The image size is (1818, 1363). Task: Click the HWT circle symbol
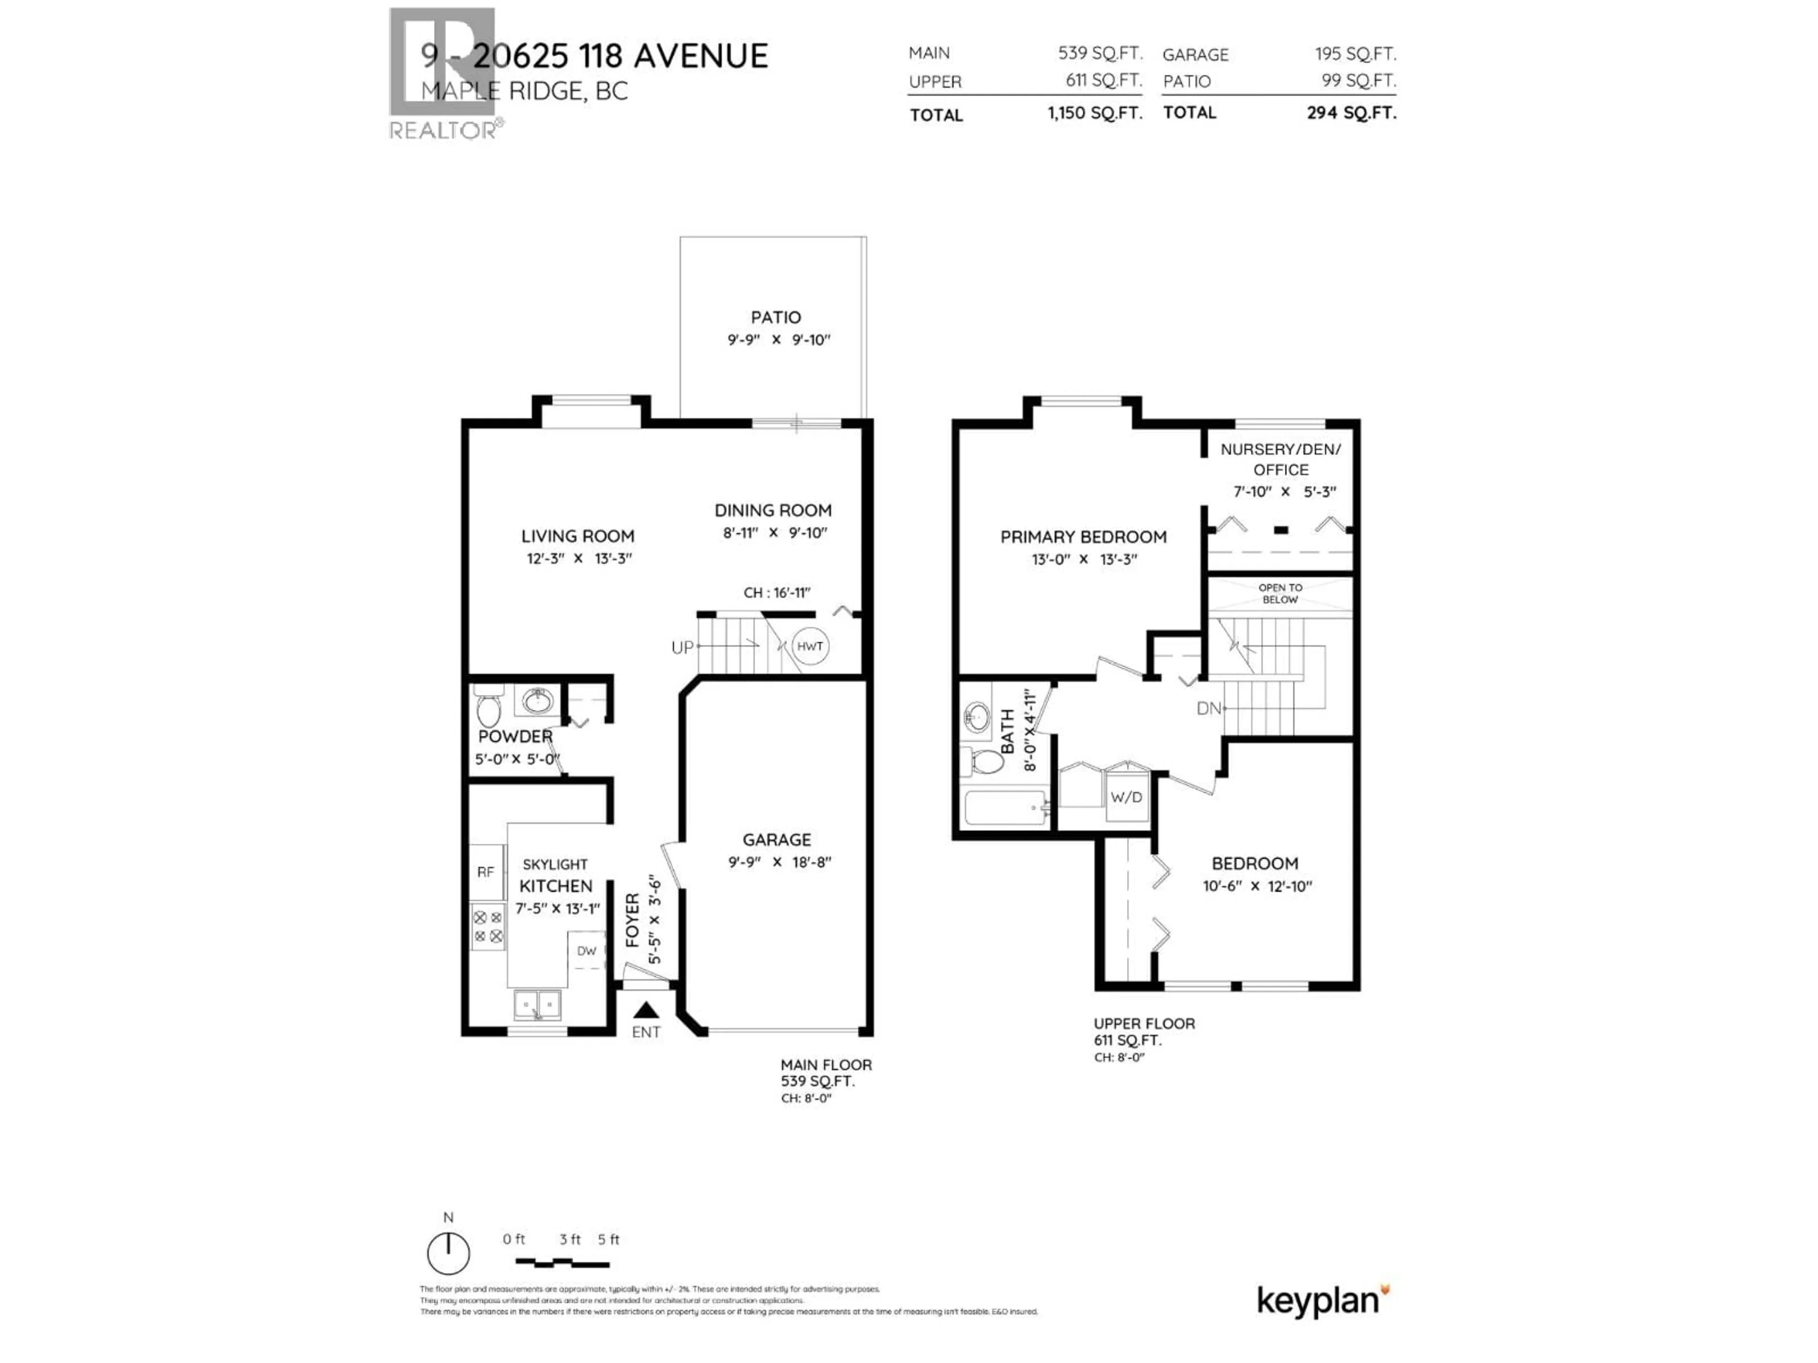(x=810, y=646)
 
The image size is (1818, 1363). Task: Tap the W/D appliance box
(x=1126, y=797)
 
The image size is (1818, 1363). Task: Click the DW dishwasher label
(x=586, y=951)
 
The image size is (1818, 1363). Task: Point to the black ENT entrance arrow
(x=646, y=1010)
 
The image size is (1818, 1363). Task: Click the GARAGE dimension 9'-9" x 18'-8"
(x=779, y=862)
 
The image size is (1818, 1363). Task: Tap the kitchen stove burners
(x=487, y=926)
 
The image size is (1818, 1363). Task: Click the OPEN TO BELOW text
(x=1280, y=593)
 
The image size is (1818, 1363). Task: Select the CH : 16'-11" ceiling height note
(x=777, y=593)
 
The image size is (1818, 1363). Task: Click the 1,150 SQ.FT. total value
(x=1094, y=114)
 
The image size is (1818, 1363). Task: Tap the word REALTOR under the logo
(x=442, y=130)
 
